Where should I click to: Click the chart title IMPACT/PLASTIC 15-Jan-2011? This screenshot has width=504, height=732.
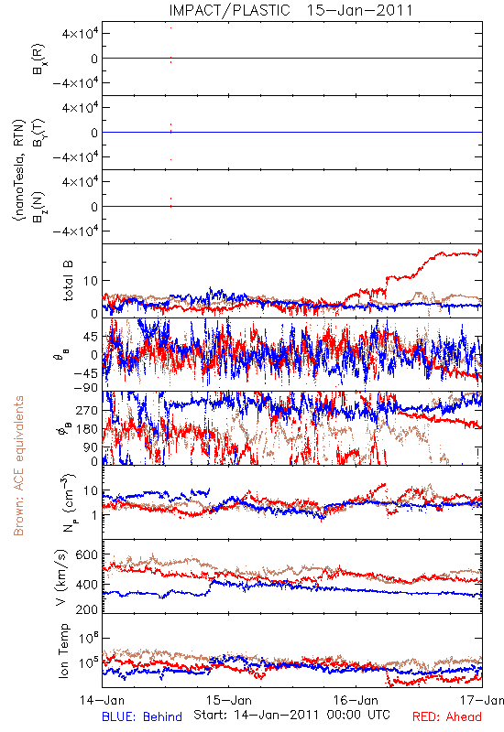(x=290, y=10)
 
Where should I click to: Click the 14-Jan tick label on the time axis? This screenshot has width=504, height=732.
(x=102, y=700)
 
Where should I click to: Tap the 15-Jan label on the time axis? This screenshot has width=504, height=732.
(x=229, y=700)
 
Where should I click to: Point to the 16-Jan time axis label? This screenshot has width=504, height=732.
(x=356, y=700)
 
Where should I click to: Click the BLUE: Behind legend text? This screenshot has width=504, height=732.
(x=142, y=716)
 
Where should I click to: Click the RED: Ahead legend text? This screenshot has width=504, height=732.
(x=446, y=716)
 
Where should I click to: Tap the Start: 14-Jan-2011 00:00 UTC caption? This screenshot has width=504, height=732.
(x=291, y=715)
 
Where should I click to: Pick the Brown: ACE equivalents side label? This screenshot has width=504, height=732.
(x=18, y=466)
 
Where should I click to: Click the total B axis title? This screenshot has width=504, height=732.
(x=67, y=281)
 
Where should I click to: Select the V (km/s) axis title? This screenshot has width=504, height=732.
(x=61, y=577)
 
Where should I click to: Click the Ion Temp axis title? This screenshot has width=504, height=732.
(x=63, y=651)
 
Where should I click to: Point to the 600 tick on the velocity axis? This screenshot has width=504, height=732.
(x=87, y=554)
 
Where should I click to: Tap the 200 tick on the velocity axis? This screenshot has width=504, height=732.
(x=87, y=609)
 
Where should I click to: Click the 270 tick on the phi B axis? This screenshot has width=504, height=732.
(x=87, y=410)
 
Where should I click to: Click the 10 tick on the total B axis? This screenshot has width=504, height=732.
(x=91, y=281)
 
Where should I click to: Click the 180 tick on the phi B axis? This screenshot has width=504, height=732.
(x=87, y=428)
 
